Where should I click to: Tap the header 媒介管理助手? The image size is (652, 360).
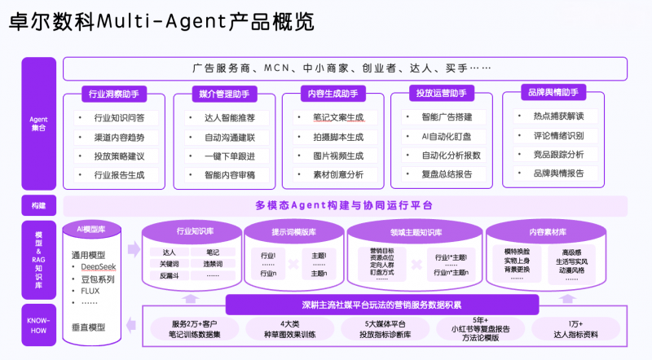tap(224, 94)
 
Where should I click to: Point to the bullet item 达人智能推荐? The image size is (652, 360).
tap(230, 118)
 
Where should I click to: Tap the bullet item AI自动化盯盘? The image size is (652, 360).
tap(445, 136)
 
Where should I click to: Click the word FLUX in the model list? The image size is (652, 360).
tap(90, 290)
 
